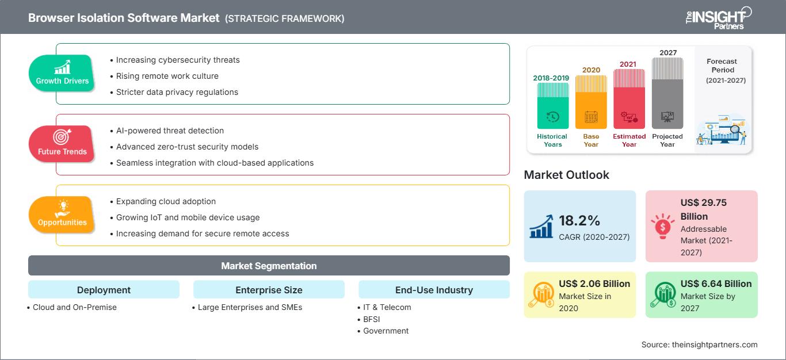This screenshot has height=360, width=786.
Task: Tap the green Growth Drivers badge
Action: [62, 73]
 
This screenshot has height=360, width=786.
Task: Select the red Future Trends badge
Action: [62, 144]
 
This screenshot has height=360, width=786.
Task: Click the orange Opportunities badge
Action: [62, 215]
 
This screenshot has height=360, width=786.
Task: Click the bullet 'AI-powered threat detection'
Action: [170, 131]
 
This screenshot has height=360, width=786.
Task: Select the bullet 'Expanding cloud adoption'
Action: [166, 201]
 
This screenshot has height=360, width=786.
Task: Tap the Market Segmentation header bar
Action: [269, 266]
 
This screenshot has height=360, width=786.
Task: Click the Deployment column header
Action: [104, 290]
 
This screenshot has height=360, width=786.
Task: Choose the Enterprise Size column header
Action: [269, 290]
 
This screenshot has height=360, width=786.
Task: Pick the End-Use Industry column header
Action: [434, 290]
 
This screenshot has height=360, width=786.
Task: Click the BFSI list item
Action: [372, 319]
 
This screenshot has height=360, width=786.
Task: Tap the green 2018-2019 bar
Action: [553, 106]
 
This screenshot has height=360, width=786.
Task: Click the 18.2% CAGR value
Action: [579, 221]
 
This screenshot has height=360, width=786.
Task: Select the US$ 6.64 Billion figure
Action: [716, 284]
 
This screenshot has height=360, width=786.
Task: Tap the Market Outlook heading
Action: [566, 175]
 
